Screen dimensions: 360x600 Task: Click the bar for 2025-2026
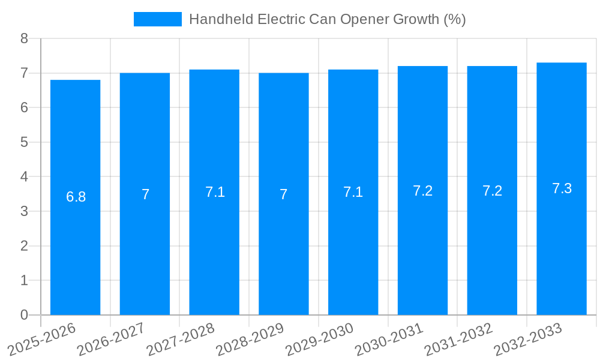pyautogui.click(x=75, y=252)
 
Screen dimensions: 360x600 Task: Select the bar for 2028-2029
pyautogui.click(x=284, y=252)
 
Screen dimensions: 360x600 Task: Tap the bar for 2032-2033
pyautogui.click(x=562, y=252)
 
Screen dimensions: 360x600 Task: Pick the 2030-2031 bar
pyautogui.click(x=422, y=252)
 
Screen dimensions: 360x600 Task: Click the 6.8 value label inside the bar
pyautogui.click(x=76, y=197)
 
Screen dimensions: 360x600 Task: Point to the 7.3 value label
pyautogui.click(x=562, y=188)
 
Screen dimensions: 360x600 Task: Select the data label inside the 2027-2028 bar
pyautogui.click(x=215, y=192)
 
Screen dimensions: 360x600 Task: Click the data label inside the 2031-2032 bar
pyautogui.click(x=492, y=191)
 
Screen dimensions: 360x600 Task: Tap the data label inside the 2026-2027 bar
pyautogui.click(x=145, y=194)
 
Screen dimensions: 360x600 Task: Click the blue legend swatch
pyautogui.click(x=157, y=19)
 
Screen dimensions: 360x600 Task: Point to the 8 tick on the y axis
pyautogui.click(x=25, y=38)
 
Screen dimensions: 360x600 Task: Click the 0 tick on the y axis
pyautogui.click(x=25, y=315)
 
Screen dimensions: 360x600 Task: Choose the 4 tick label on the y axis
pyautogui.click(x=25, y=177)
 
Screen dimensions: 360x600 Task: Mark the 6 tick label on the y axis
pyautogui.click(x=25, y=108)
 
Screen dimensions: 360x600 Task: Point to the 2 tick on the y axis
pyautogui.click(x=25, y=246)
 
